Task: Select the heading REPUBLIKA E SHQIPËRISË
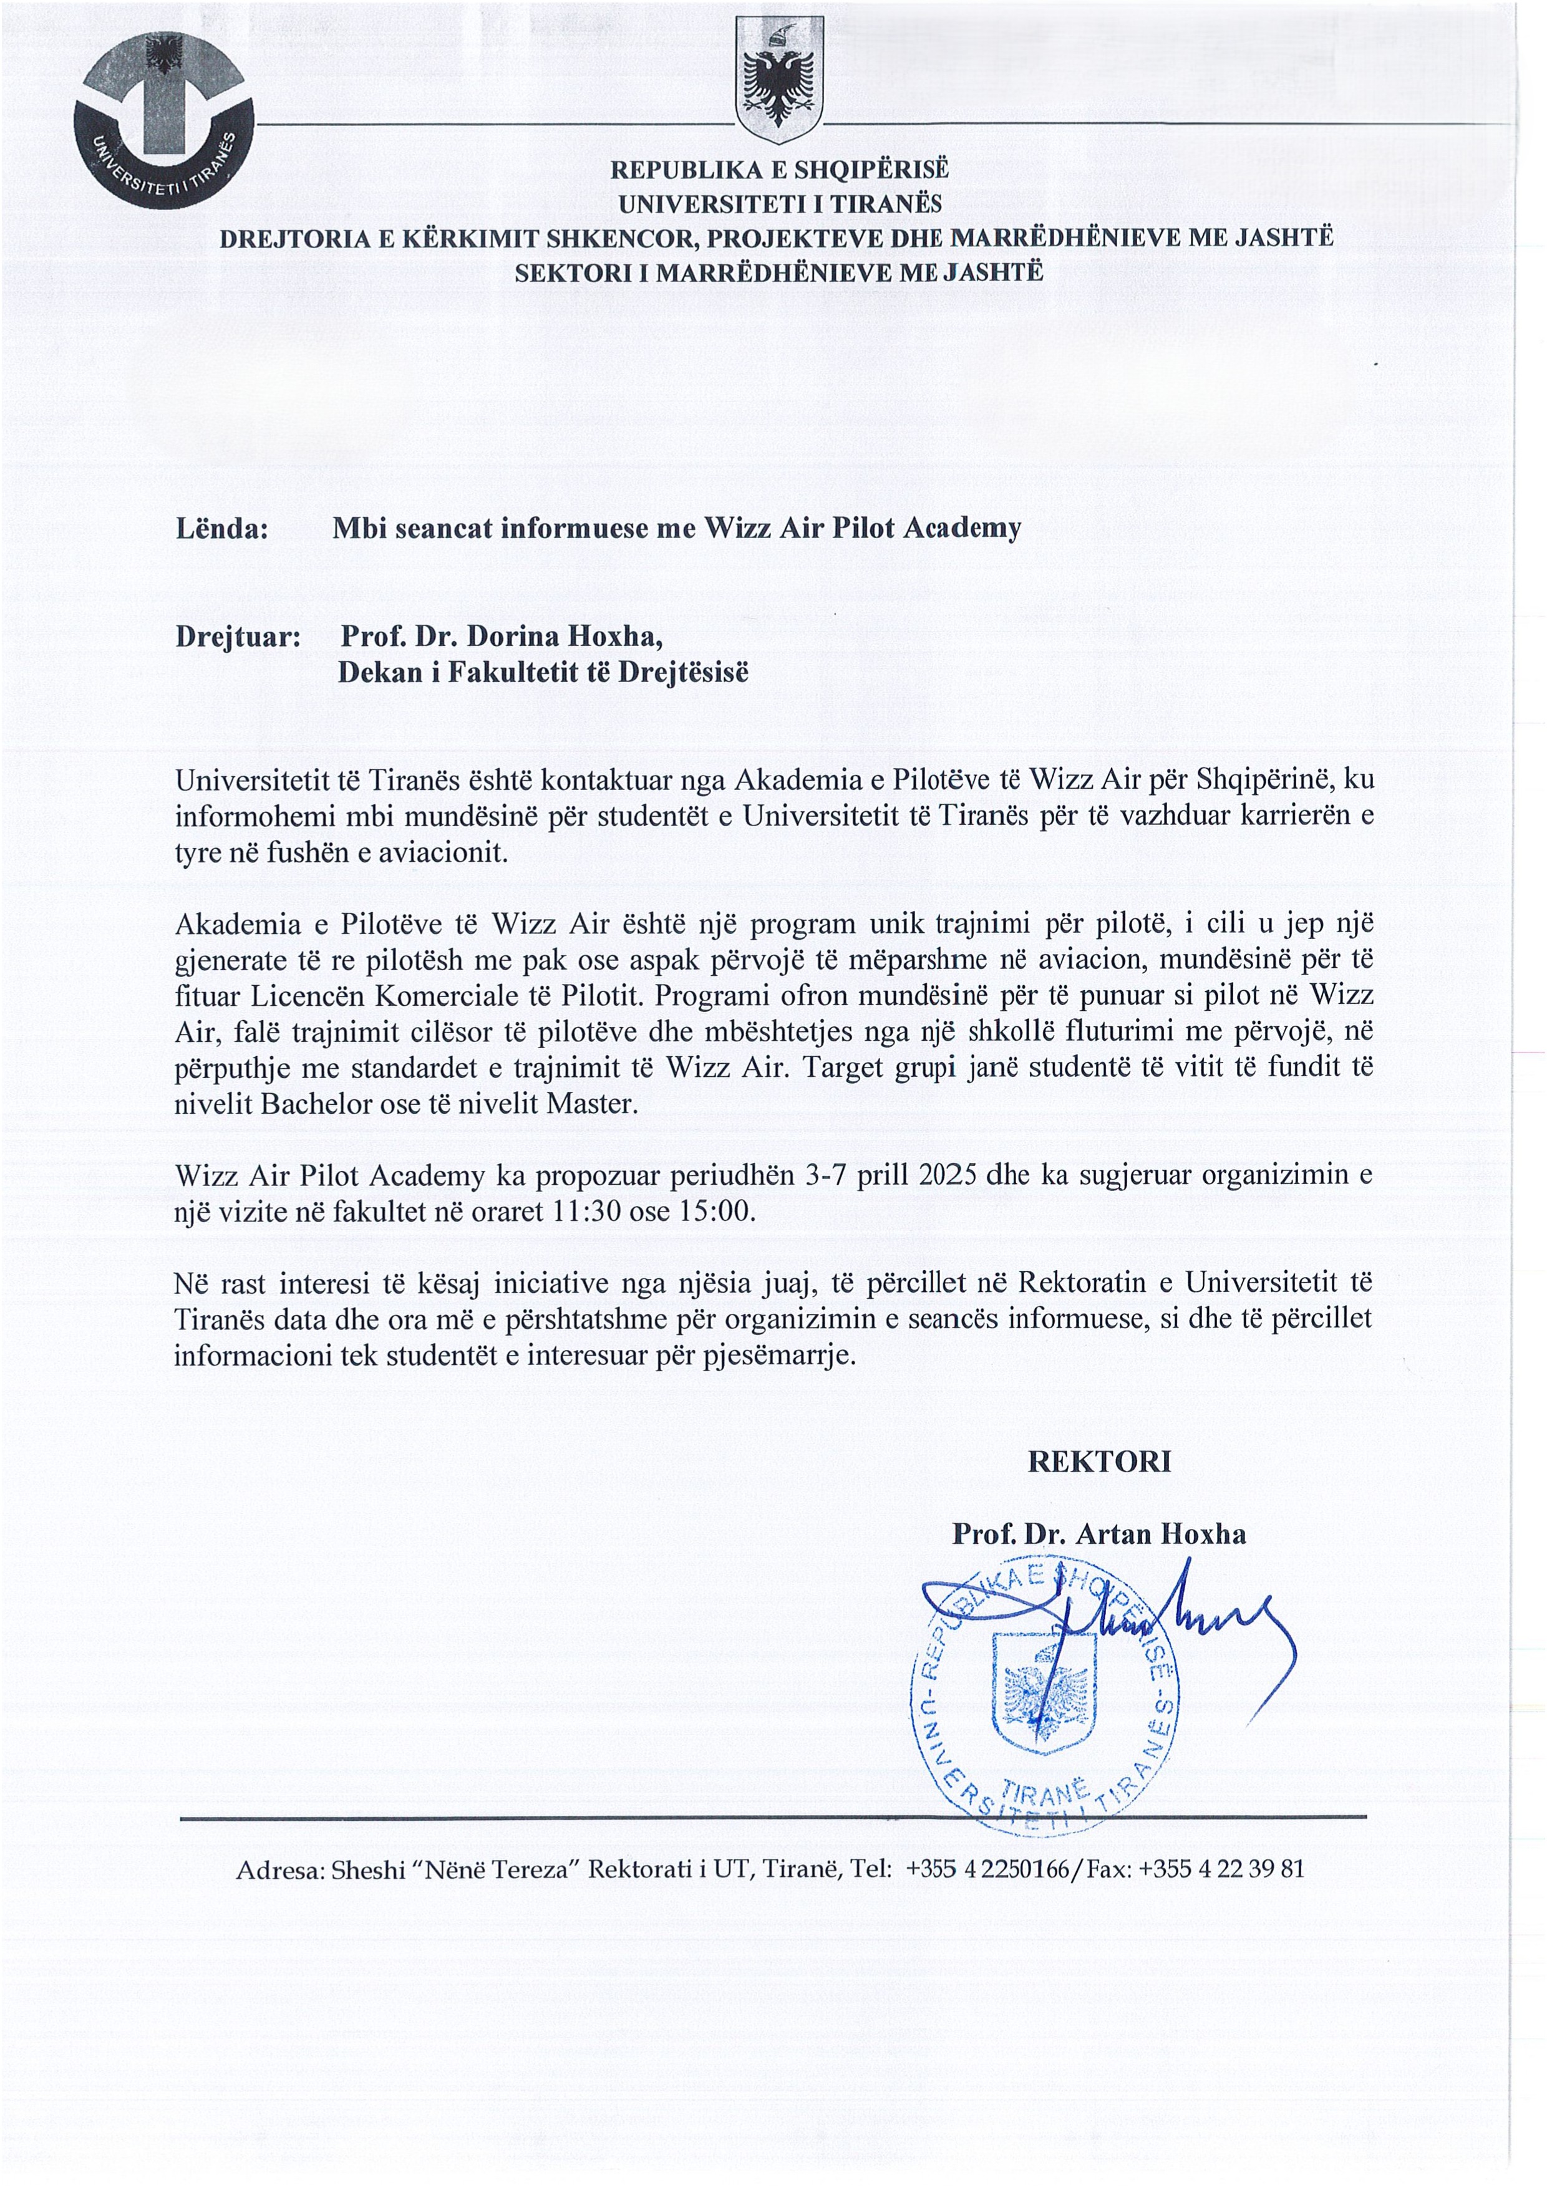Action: click(x=780, y=170)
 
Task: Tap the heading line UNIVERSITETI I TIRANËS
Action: click(x=780, y=204)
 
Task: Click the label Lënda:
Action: click(x=221, y=529)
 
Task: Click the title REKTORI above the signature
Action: click(x=1099, y=1462)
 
